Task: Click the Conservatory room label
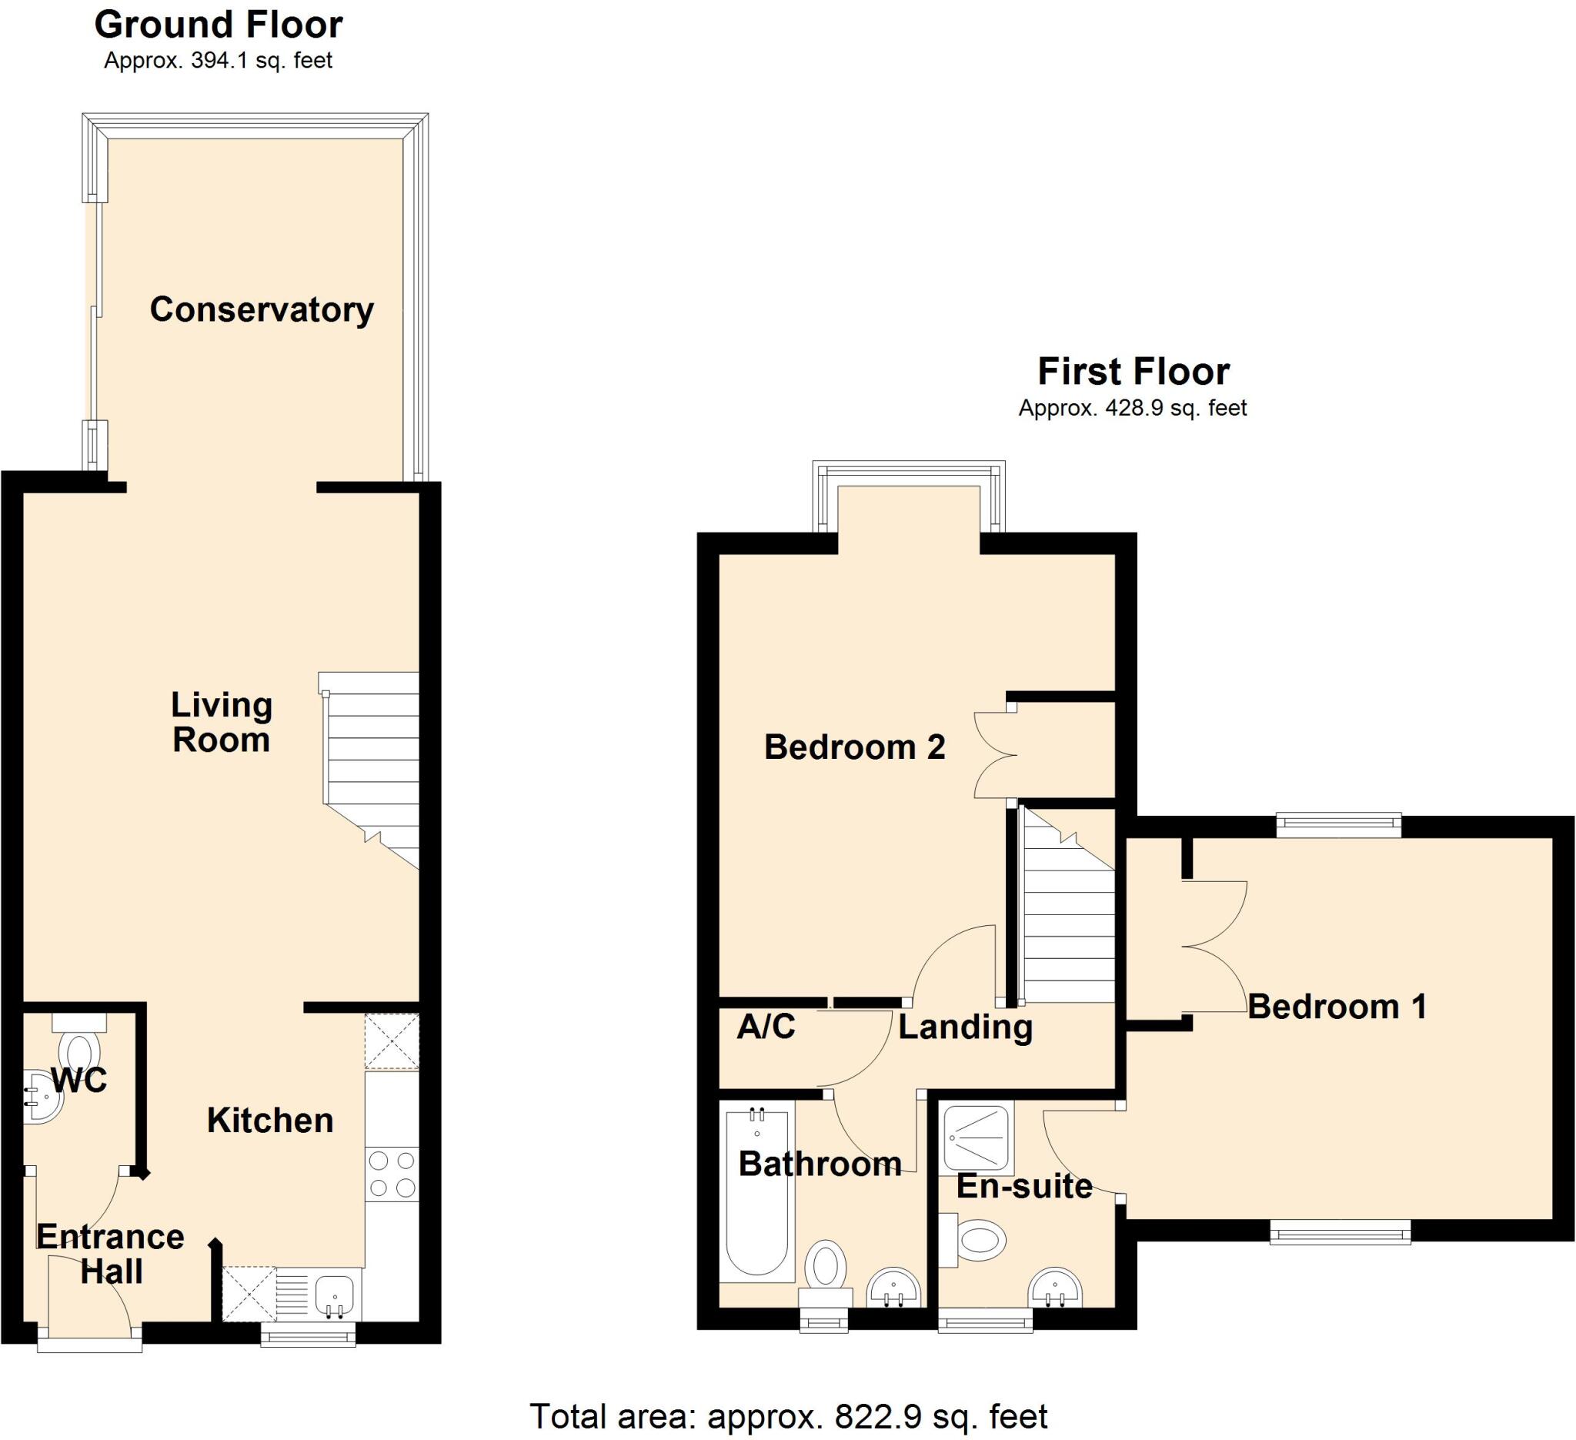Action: (261, 309)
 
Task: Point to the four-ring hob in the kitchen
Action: (392, 1174)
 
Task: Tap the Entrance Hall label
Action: (110, 1254)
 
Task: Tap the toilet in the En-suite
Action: (976, 1241)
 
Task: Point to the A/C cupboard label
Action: (766, 1027)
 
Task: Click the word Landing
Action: (965, 1027)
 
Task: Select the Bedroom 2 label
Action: (853, 747)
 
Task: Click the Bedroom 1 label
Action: (1337, 1006)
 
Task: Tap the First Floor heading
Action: (1133, 371)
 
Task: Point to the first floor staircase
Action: (1068, 914)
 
